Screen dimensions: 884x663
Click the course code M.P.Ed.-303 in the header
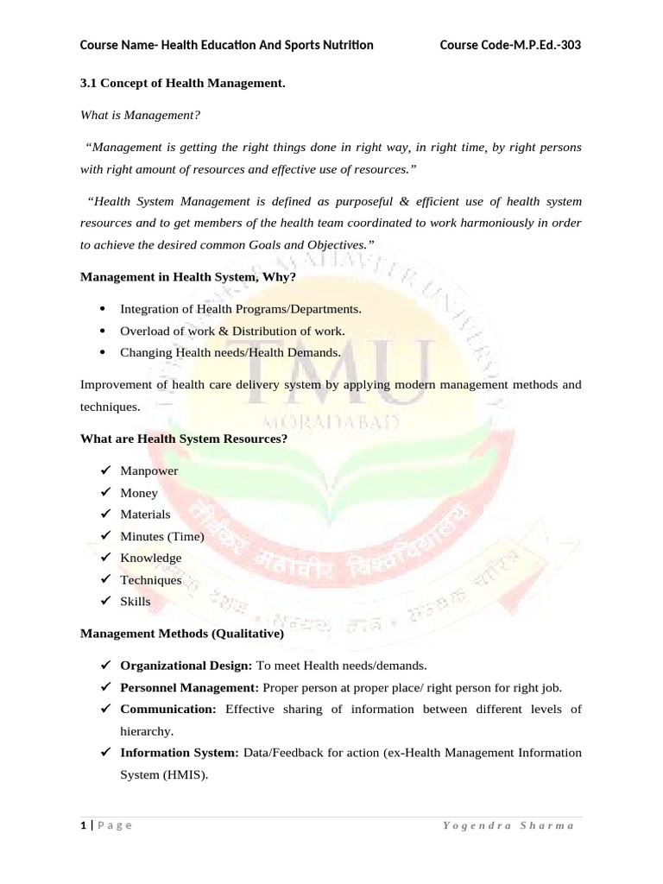510,45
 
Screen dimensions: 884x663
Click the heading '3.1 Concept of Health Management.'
182,83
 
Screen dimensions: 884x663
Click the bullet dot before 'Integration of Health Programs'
104,308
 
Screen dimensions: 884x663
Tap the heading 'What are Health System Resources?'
184,439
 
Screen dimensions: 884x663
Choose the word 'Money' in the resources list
139,493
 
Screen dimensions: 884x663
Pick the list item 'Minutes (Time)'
161,536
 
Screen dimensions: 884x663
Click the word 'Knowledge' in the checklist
151,558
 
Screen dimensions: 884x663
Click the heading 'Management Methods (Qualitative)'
182,633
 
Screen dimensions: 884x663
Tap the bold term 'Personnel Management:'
189,687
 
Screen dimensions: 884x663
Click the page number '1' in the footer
84,826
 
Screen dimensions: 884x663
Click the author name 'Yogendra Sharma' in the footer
508,826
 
